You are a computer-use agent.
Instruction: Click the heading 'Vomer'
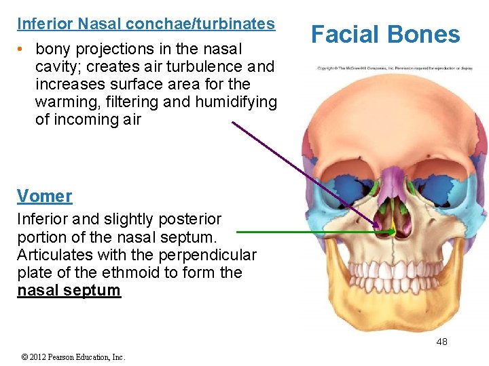pos(44,197)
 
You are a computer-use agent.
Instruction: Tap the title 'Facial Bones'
pos(385,35)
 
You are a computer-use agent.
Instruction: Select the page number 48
pos(441,342)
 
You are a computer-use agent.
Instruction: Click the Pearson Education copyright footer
pos(73,357)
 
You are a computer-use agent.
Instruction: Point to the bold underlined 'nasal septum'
pos(69,291)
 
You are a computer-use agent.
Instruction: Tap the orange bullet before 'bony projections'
pos(22,49)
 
